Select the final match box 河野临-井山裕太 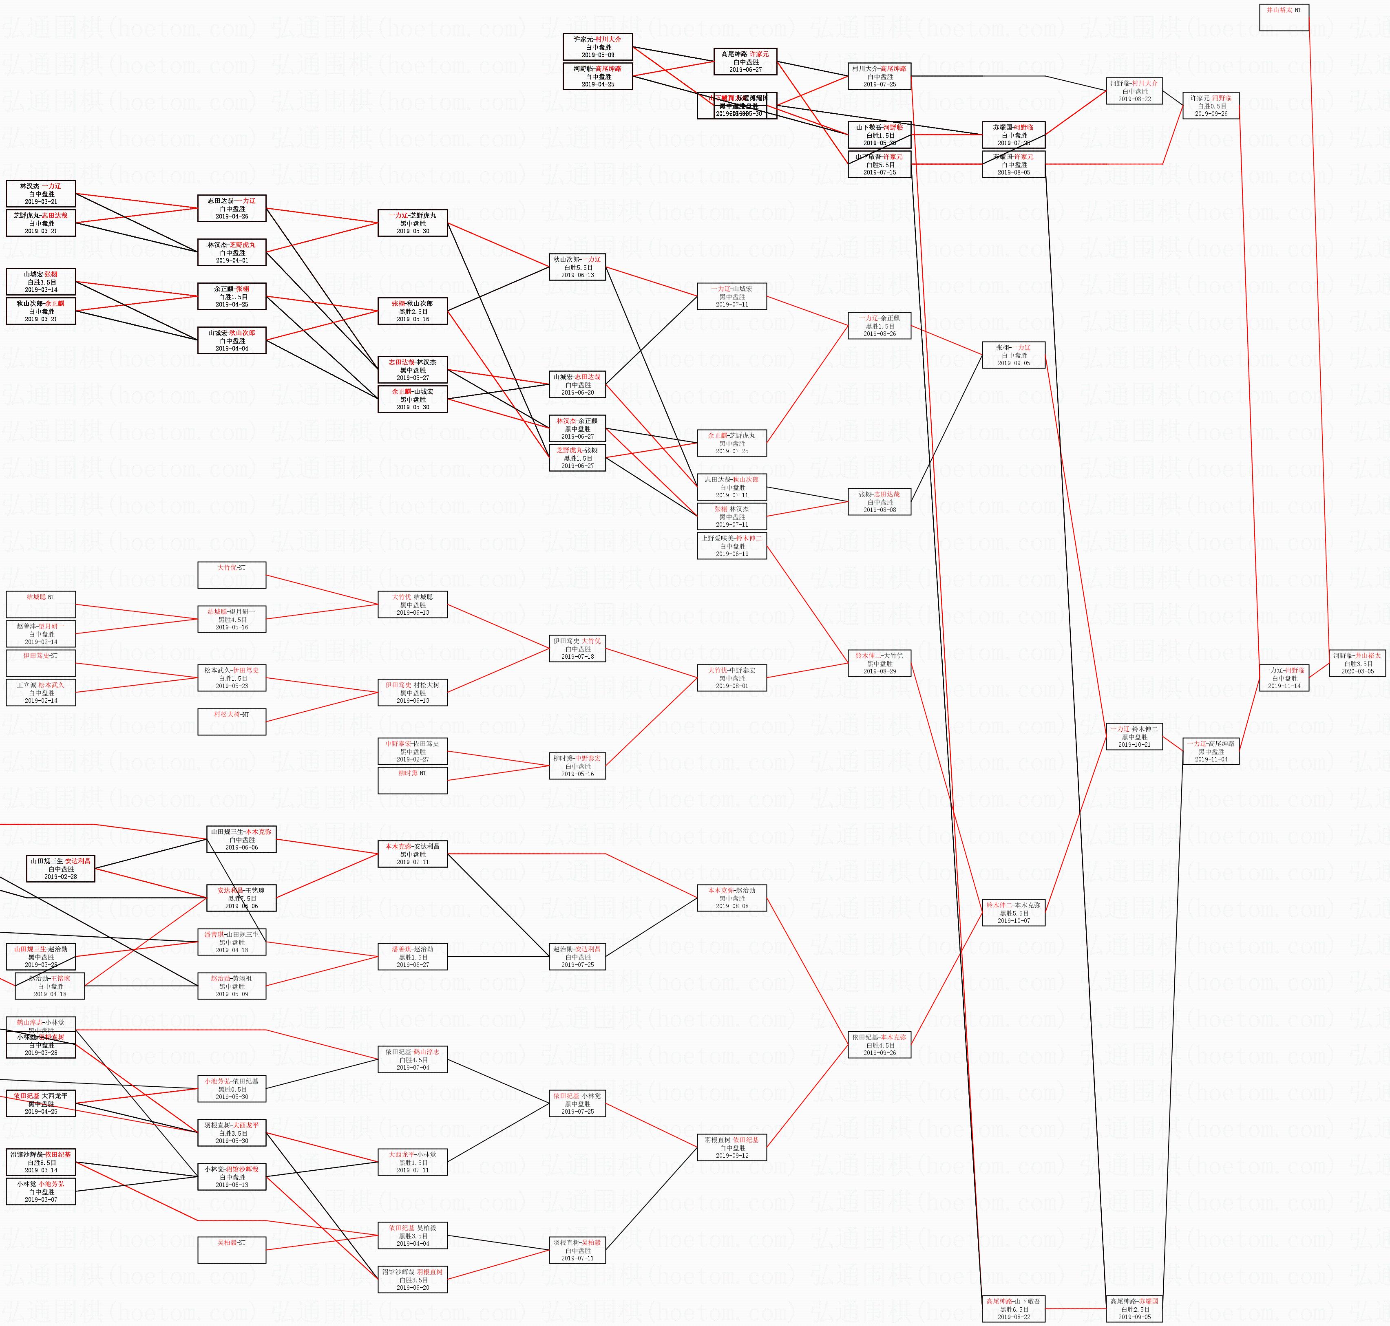tap(1357, 663)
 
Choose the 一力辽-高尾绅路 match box tap(1211, 751)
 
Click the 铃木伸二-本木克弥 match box tap(1013, 913)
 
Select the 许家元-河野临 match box tap(1211, 105)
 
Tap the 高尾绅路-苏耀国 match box tap(1134, 1309)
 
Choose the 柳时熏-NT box tap(412, 780)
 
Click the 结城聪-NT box tap(40, 605)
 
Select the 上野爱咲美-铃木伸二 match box tap(732, 546)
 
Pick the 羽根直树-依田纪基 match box tap(732, 1147)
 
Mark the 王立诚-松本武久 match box tap(40, 693)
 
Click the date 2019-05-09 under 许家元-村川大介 tap(597, 55)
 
